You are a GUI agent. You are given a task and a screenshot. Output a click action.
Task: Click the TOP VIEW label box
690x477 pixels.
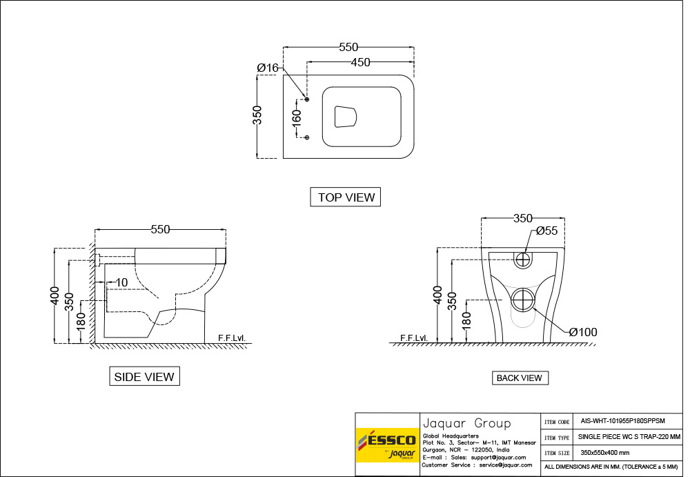pos(346,197)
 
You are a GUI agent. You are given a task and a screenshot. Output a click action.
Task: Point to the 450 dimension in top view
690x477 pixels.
pos(360,63)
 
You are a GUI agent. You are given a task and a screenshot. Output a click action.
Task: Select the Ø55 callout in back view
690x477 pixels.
pos(546,231)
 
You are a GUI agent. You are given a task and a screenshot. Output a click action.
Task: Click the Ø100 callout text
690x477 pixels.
pos(583,333)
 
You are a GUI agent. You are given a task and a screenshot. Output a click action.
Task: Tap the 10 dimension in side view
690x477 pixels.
pos(121,282)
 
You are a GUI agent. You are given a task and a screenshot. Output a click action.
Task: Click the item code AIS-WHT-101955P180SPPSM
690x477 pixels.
pos(613,420)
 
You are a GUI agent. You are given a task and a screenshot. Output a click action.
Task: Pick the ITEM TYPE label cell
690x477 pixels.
pos(557,437)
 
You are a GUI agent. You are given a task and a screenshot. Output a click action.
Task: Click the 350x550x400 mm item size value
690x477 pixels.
pos(604,453)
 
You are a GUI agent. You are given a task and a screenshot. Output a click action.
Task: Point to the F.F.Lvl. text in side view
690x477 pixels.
pos(231,338)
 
